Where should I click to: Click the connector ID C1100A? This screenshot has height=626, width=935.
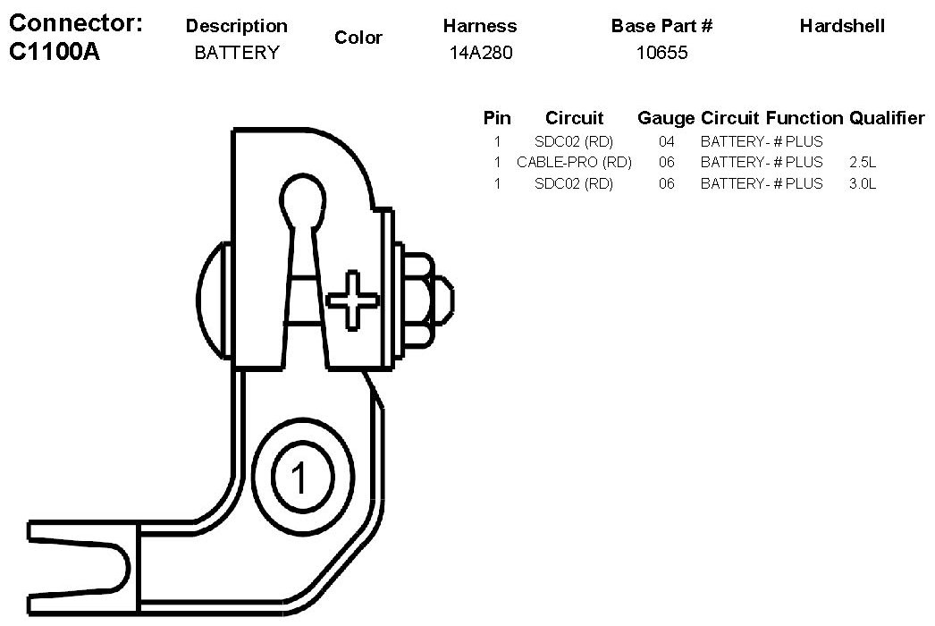54,52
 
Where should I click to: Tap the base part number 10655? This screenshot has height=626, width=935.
661,53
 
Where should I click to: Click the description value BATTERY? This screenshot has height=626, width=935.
236,53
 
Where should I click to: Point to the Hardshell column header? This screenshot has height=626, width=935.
842,26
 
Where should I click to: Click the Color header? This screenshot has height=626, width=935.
358,38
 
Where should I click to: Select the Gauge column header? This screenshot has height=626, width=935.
665,118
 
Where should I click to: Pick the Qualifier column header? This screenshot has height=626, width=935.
887,118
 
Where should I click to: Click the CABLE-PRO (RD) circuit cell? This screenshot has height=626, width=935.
574,163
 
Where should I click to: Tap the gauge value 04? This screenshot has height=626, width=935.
666,141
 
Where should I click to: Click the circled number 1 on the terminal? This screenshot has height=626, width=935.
299,479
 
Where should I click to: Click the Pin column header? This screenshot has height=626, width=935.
497,118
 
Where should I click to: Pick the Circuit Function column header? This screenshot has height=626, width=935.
771,118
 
